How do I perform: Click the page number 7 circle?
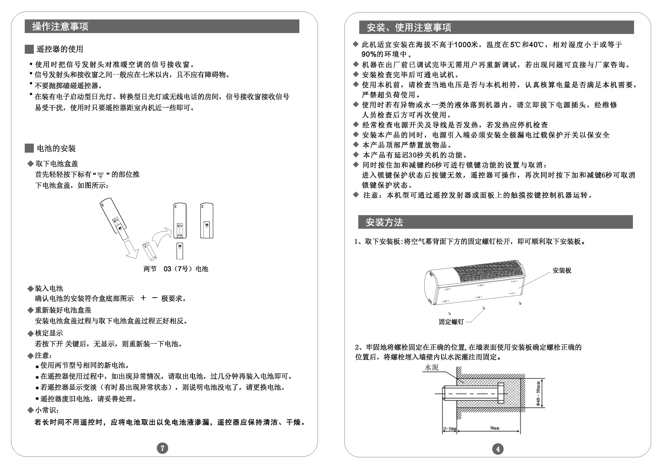tap(162, 448)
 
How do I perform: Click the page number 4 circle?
tap(497, 449)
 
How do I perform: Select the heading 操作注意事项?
tap(60, 26)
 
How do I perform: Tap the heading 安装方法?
tap(384, 222)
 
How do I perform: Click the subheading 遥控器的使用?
tap(60, 49)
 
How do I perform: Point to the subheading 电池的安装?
tap(56, 148)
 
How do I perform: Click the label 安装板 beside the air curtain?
tap(562, 270)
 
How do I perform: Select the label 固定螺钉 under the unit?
tap(451, 322)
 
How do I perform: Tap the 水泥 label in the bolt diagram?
tap(432, 367)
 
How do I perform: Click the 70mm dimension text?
tap(494, 428)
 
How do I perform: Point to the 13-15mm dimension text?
tap(449, 429)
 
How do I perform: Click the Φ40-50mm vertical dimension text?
tap(538, 393)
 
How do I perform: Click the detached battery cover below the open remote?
tap(180, 251)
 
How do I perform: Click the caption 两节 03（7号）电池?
tap(176, 269)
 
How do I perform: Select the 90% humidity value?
tap(369, 54)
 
